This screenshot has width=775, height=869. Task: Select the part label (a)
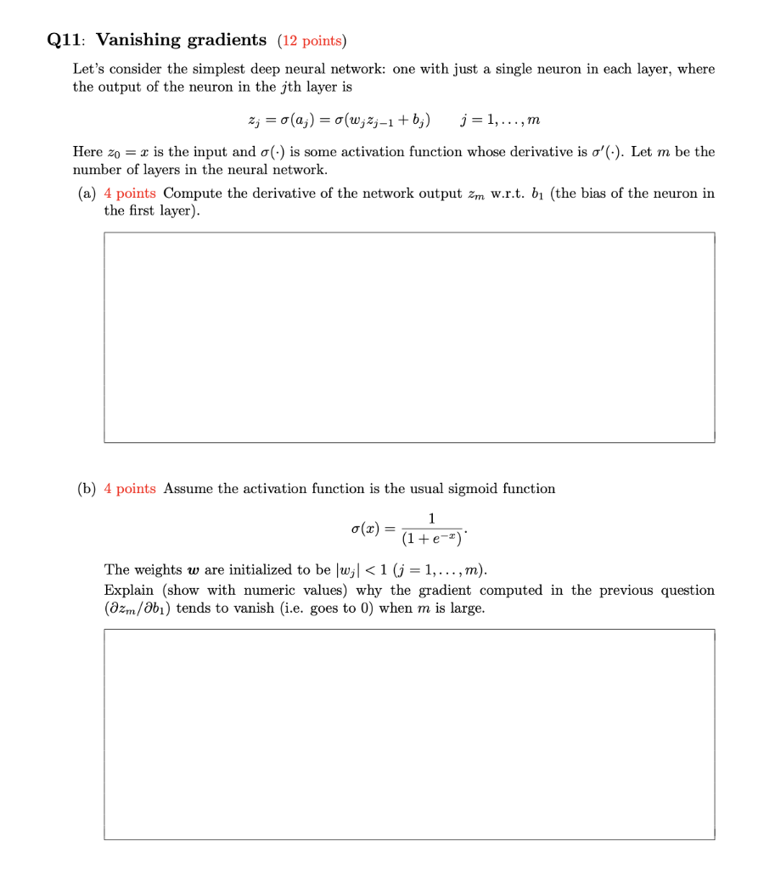tap(87, 193)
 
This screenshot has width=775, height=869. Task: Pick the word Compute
tap(193, 193)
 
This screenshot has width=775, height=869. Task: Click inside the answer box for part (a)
tap(409, 337)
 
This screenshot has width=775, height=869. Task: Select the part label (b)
tap(87, 489)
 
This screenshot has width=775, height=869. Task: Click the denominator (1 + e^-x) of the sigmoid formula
tap(432, 538)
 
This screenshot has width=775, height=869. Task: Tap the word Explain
tap(130, 590)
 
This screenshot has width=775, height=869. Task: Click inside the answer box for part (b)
tap(409, 734)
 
